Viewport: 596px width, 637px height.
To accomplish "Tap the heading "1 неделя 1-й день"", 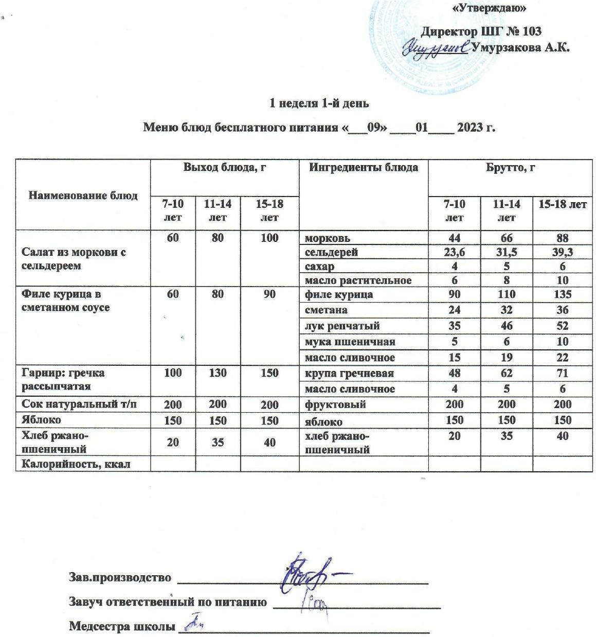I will (319, 103).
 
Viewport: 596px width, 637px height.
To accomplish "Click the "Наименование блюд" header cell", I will (83, 196).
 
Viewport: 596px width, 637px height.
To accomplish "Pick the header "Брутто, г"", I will (510, 168).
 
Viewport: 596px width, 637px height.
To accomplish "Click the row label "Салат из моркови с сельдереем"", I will (73, 259).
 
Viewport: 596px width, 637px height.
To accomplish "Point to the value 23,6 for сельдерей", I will (454, 252).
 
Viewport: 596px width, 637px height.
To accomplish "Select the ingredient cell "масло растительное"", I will (358, 280).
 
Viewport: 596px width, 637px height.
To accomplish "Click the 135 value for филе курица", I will (562, 295).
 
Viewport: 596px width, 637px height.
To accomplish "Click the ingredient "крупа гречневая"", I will (342, 373).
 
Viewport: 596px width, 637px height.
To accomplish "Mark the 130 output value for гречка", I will (218, 373).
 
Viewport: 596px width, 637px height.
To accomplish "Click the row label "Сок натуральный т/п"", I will (79, 404).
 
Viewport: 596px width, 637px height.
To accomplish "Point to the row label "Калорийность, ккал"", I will (75, 464).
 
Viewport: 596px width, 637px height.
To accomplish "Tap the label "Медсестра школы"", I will (121, 627).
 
